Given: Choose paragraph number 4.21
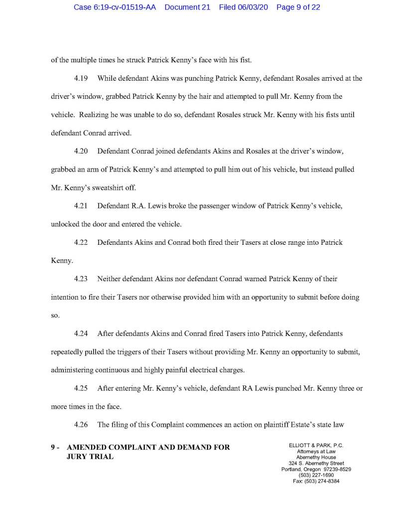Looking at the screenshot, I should pos(81,205).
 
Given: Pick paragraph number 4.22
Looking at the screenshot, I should pos(81,242).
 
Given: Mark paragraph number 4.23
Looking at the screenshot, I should pos(81,279).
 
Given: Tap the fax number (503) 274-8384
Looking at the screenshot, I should pos(322,481).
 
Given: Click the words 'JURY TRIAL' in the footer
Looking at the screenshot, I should pos(90,456).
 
